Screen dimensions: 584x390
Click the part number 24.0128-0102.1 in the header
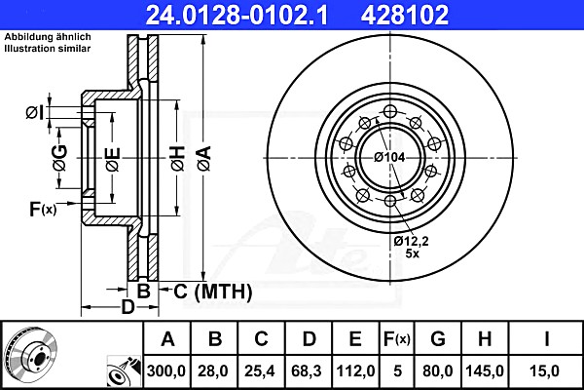click(237, 15)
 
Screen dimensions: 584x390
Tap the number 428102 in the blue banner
click(405, 15)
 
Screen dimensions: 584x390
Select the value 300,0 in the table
click(166, 370)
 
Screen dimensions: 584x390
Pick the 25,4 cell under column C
click(260, 370)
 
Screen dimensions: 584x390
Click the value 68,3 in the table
click(307, 370)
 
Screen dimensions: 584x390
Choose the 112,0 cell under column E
click(355, 370)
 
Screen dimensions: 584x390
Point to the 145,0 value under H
click(485, 370)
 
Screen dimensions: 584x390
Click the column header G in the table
click(438, 339)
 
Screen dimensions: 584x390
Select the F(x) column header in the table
click(397, 339)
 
